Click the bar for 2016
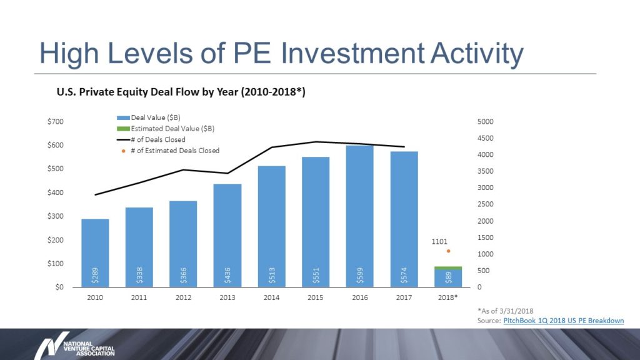(x=359, y=216)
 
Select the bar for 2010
(x=95, y=252)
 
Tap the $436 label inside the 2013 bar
(x=227, y=274)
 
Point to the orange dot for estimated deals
(x=448, y=251)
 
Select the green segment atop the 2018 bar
(x=448, y=268)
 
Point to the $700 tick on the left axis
(x=56, y=121)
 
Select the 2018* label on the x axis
(x=448, y=297)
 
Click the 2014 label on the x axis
(x=271, y=297)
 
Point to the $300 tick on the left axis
(x=56, y=216)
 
